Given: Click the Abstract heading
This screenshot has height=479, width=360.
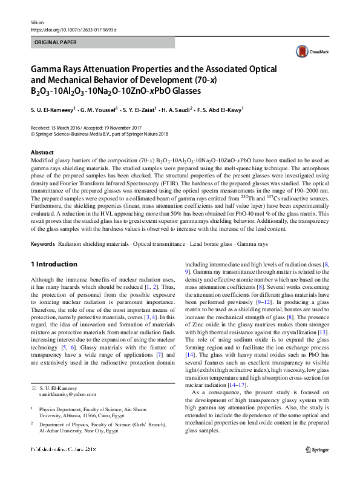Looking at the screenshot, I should point(42,153).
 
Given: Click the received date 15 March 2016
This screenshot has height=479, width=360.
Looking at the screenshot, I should point(62,128).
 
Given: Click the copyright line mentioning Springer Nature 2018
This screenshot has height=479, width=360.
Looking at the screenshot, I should point(100,135).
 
